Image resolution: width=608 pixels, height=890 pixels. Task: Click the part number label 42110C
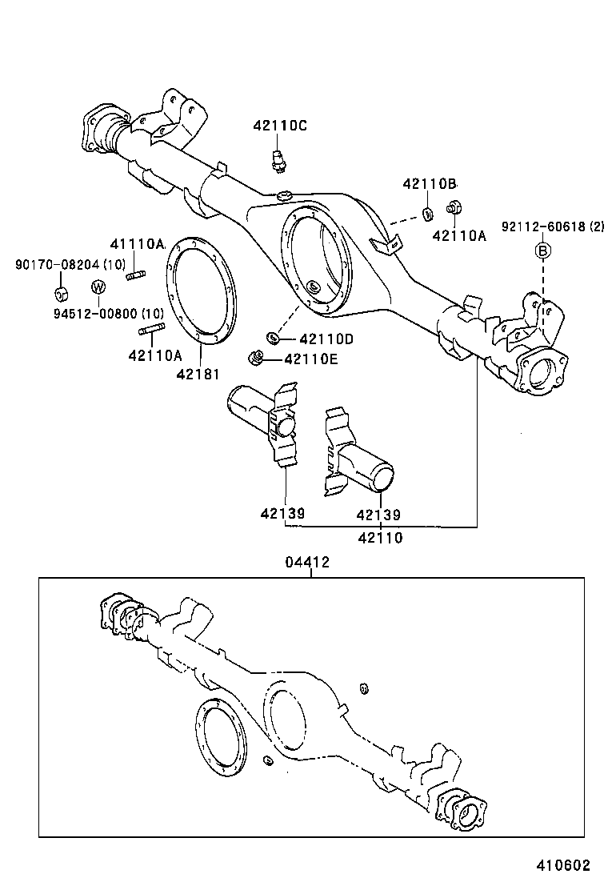[280, 126]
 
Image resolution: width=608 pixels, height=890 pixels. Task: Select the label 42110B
[430, 183]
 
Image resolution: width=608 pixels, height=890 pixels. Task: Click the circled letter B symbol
[542, 251]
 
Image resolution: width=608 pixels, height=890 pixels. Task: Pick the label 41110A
[137, 243]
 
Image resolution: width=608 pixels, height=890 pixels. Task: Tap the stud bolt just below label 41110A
[135, 276]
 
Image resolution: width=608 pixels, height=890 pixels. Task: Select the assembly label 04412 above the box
[307, 563]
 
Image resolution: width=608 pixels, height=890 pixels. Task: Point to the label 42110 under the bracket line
[380, 538]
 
